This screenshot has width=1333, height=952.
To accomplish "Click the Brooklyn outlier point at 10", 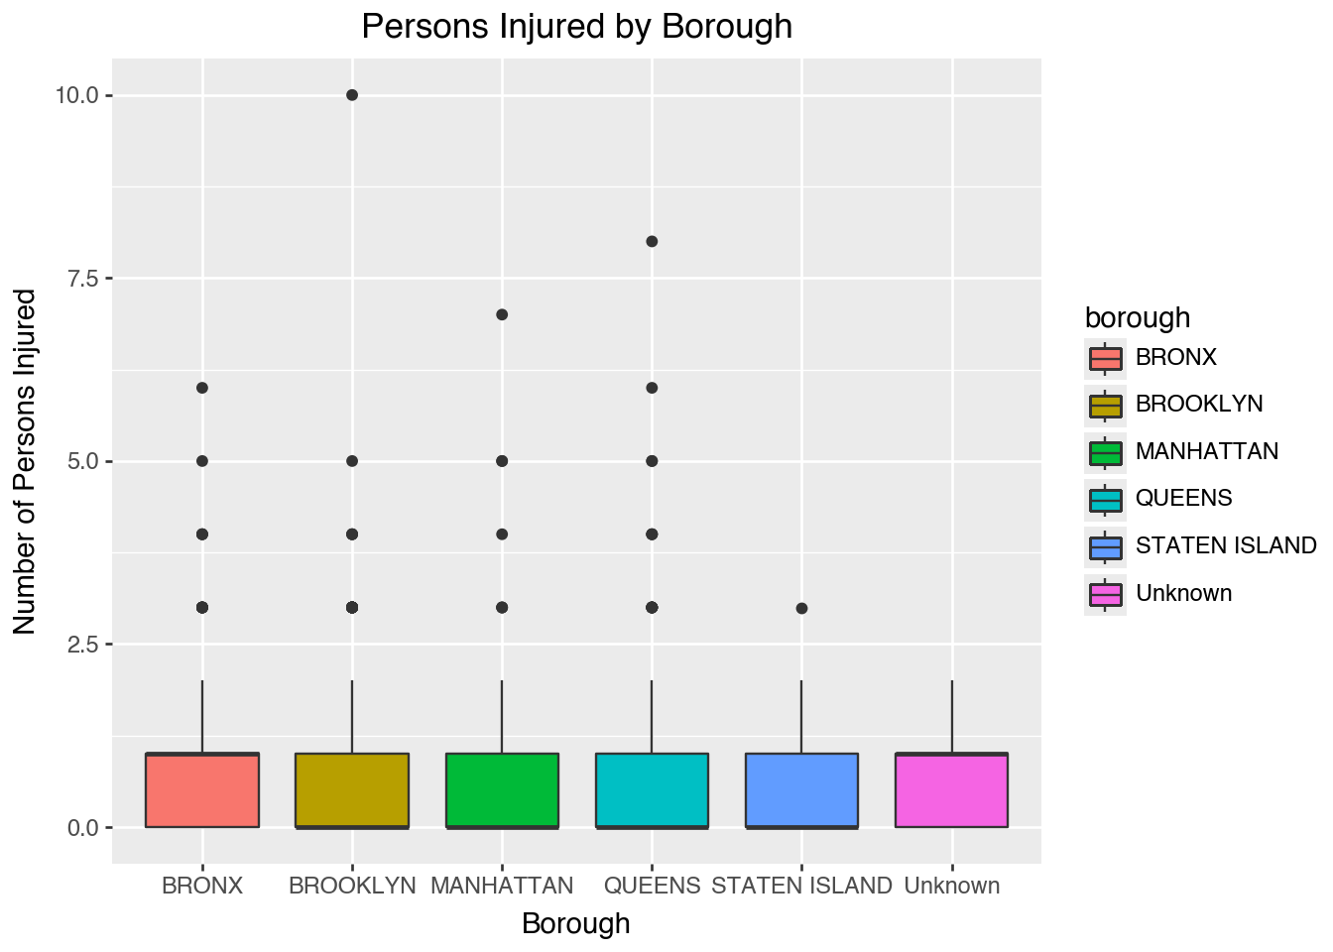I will (x=352, y=95).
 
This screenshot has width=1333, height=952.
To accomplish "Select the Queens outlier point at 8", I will (x=652, y=241).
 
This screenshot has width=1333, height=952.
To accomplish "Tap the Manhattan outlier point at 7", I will (x=502, y=314).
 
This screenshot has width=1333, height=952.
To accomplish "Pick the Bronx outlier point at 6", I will (x=202, y=388).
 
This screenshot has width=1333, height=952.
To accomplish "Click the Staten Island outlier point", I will (x=801, y=608).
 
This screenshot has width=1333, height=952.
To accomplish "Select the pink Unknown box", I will (x=951, y=790).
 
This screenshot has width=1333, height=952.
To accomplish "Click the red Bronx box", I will (x=202, y=790).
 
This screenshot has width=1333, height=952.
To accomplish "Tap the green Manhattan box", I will (x=502, y=790).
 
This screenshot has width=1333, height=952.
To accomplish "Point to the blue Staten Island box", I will (x=801, y=790).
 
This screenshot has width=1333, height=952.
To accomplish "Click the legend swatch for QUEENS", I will (x=1105, y=499).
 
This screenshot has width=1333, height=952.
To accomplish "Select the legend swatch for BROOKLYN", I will (x=1105, y=405).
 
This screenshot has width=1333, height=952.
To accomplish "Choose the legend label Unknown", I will (x=1183, y=593).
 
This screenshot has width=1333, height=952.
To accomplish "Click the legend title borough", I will (x=1137, y=317).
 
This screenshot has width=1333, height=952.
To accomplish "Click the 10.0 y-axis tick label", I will (x=77, y=96).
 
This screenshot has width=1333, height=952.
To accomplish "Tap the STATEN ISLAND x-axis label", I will (x=801, y=886).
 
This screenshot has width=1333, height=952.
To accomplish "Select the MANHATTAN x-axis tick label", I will (x=502, y=886).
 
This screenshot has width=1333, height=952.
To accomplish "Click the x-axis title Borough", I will (x=575, y=923).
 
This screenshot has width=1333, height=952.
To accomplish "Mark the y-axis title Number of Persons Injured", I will (x=25, y=461).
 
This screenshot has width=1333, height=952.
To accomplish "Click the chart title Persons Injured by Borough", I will (x=576, y=26).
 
